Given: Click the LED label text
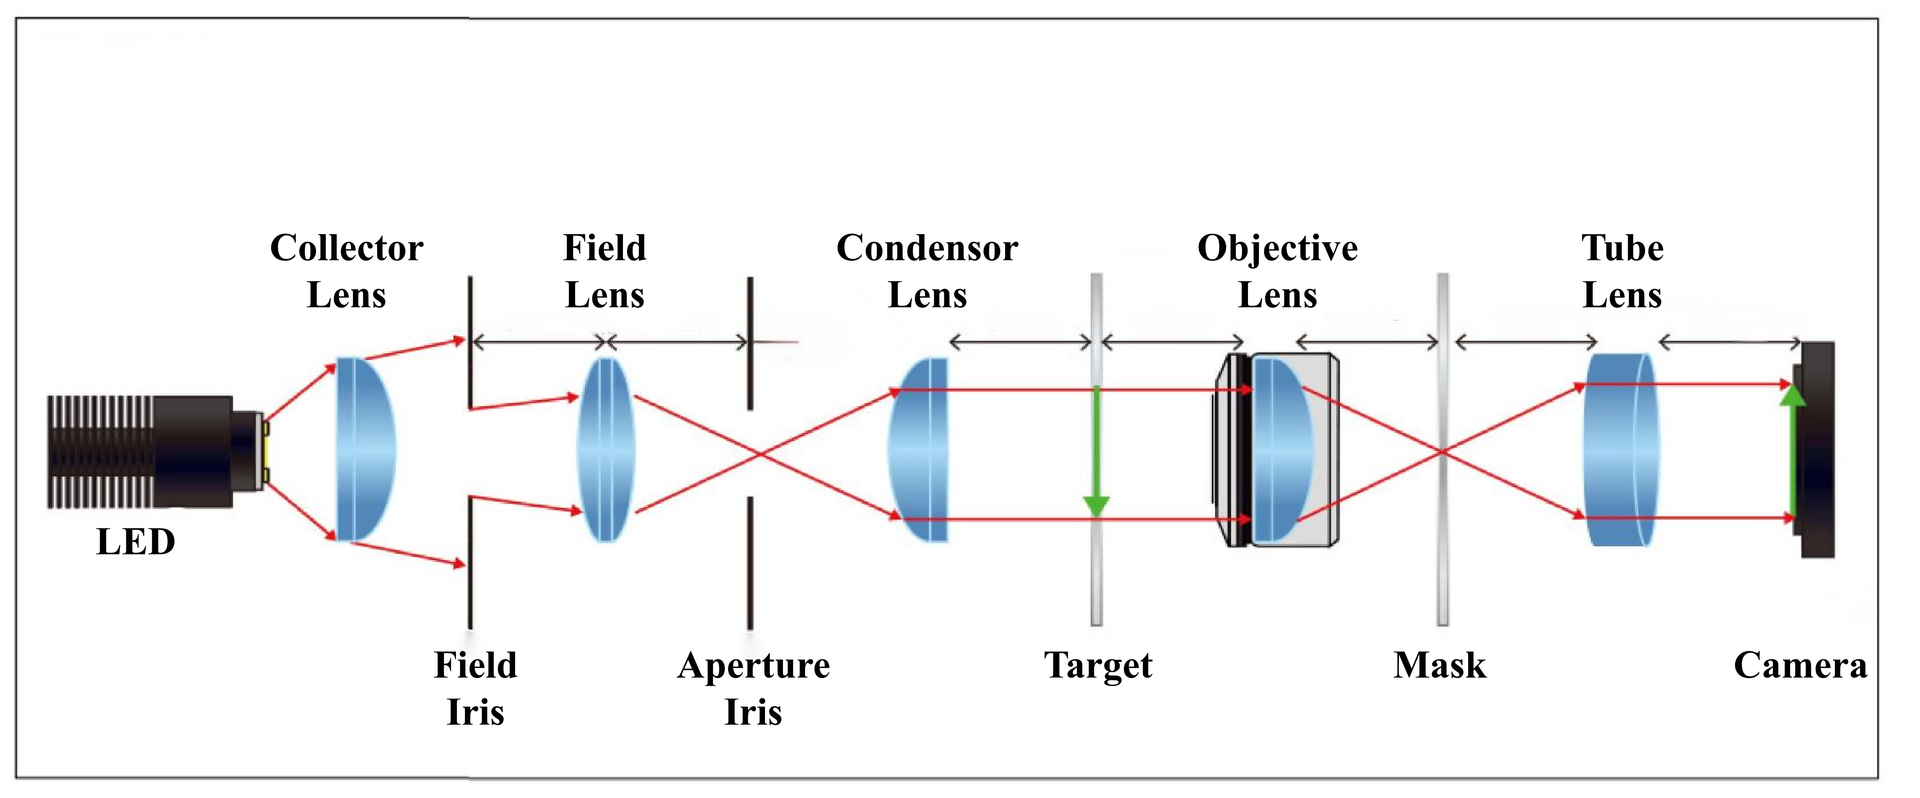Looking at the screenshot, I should click(x=136, y=542).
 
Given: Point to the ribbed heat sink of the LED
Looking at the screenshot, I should click(x=100, y=451).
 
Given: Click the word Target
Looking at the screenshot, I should click(x=1098, y=665).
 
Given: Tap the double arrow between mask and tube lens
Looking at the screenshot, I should click(x=1526, y=343).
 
